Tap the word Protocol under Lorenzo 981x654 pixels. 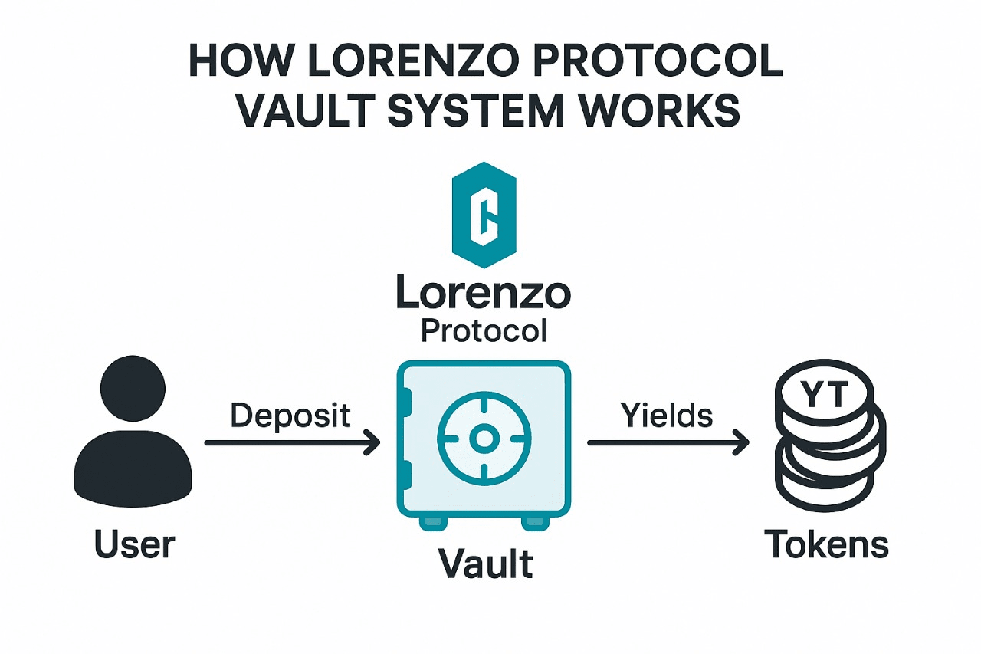pos(484,332)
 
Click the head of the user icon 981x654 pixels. pos(133,388)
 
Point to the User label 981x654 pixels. pos(134,544)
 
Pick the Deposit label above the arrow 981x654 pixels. pos(290,416)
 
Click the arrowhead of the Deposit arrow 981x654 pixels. pos(373,442)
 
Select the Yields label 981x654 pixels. pos(667,416)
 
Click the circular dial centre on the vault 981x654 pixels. pos(484,439)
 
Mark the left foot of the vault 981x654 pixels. pos(433,523)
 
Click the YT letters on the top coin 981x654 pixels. pos(824,395)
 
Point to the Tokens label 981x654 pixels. pos(826,544)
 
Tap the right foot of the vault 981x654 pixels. pos(535,523)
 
